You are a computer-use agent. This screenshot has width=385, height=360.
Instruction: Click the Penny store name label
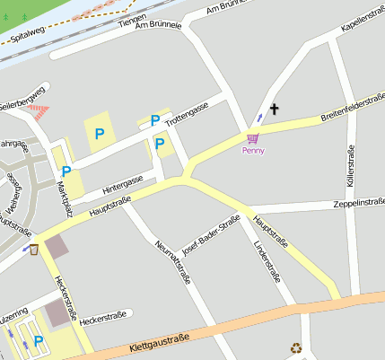tap(253, 151)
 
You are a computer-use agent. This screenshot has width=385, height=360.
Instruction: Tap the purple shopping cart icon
tap(253, 138)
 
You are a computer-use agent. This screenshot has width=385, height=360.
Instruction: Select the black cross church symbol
tap(274, 110)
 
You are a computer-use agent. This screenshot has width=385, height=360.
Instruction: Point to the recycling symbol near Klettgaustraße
tap(296, 347)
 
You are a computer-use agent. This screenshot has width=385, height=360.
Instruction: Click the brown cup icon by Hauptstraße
tap(34, 249)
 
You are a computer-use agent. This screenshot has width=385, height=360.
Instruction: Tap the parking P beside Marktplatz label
tap(66, 171)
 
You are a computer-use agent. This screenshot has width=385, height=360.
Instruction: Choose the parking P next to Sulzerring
tap(39, 340)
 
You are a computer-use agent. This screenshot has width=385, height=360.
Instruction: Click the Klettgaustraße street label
tap(159, 340)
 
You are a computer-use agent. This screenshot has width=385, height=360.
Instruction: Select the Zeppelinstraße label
tap(358, 204)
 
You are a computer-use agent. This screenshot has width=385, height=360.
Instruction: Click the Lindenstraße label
tap(269, 257)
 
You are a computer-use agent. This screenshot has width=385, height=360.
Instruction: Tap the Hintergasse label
tap(122, 185)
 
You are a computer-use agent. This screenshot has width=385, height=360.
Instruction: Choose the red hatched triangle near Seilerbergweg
tap(39, 112)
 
